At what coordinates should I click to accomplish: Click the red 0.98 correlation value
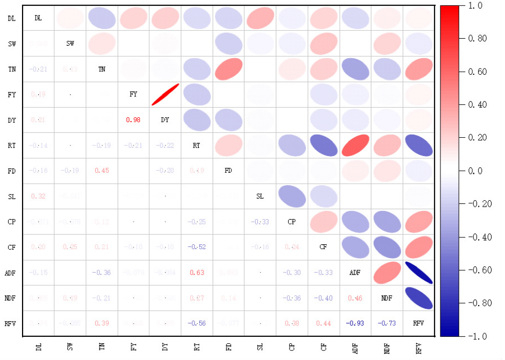134,120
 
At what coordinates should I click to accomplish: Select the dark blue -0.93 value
355,323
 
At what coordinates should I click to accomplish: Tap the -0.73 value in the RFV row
387,323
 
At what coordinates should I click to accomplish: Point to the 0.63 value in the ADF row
197,273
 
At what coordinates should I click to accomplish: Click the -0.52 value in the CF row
197,247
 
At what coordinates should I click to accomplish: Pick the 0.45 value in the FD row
102,171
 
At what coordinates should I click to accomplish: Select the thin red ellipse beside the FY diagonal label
165,95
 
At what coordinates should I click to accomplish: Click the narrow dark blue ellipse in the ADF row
418,273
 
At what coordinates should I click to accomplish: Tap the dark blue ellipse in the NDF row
418,298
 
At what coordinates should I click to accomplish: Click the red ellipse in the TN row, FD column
228,69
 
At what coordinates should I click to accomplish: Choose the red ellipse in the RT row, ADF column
355,145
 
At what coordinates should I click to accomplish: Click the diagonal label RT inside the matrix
197,145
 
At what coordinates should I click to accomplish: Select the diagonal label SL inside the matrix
260,196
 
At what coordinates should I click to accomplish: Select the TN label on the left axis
11,69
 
